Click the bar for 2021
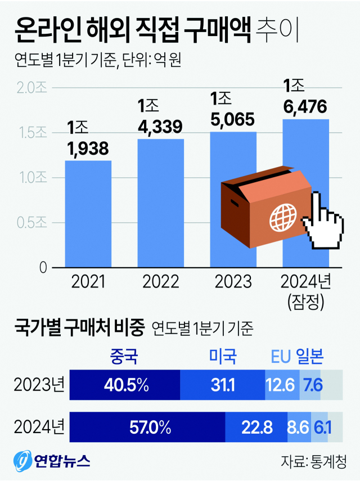pos(88,214)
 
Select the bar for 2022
pos(161,203)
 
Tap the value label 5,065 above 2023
pos(233,119)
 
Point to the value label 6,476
pos(305,106)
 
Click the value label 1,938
pos(88,149)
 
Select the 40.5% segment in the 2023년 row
pos(125,385)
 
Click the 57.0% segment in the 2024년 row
pos(147,428)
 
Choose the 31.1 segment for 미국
pos(222,385)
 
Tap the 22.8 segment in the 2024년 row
pos(256,428)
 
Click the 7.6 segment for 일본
pos(310,385)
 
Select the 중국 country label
pos(125,356)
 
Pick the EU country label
pos(281,356)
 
